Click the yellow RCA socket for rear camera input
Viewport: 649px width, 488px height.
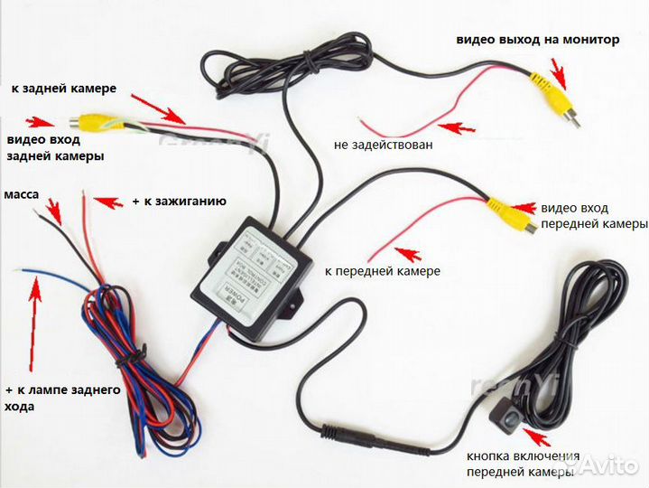point(94,121)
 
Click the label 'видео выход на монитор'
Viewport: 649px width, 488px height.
point(537,39)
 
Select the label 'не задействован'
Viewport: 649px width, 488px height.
point(383,144)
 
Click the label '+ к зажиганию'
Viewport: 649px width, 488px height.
point(179,201)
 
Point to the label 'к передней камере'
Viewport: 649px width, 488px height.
point(384,270)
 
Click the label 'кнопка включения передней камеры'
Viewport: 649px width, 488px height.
point(524,464)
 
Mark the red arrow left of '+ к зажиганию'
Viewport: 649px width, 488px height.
point(107,202)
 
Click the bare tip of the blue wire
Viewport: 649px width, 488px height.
point(23,270)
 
